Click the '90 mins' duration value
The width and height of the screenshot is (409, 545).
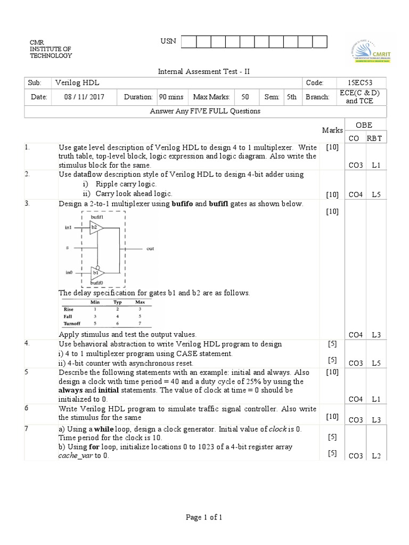click(x=171, y=97)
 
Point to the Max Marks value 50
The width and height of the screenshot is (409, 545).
click(x=245, y=97)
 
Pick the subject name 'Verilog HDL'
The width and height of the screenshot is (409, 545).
click(x=77, y=82)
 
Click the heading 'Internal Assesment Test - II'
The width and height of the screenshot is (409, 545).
click(x=204, y=71)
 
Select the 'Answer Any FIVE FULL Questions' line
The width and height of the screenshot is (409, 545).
click(x=205, y=111)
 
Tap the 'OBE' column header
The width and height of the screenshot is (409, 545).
click(x=364, y=125)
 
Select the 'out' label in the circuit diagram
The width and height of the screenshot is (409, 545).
click(x=150, y=249)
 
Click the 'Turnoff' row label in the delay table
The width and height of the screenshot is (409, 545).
click(x=71, y=323)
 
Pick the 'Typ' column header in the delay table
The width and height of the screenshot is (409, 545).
click(x=117, y=302)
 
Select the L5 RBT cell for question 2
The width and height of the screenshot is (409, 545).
click(x=376, y=195)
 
